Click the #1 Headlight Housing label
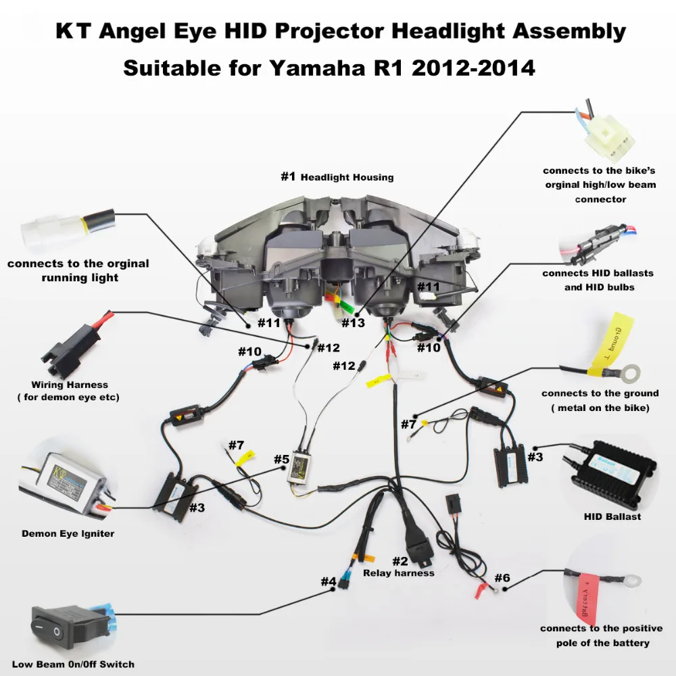(337, 177)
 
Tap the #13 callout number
(353, 323)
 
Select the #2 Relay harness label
(399, 566)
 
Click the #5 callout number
(281, 460)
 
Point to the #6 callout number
(502, 578)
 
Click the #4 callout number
(328, 581)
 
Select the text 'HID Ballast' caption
(612, 516)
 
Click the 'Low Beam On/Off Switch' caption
(73, 664)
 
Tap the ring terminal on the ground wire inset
(633, 370)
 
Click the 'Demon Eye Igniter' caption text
(68, 533)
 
